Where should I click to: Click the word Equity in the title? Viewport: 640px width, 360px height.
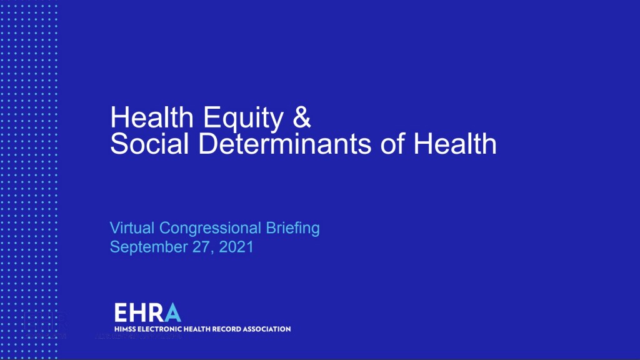pos(243,118)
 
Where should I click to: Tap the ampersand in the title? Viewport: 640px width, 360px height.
pos(302,117)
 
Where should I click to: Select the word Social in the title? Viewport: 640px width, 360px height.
pos(150,144)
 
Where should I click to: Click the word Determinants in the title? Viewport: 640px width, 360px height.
pos(285,144)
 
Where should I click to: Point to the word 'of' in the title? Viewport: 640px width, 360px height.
pos(392,144)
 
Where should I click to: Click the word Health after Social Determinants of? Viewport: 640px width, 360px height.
pos(455,144)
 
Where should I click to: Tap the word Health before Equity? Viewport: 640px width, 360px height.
pos(152,117)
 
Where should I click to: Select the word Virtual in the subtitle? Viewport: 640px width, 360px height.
pos(132,227)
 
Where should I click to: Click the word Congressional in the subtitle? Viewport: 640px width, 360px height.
pos(210,229)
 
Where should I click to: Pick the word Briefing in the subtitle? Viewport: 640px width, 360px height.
pos(292,229)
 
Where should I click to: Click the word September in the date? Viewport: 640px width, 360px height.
pos(149,247)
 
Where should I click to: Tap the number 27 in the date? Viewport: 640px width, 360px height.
pos(202,247)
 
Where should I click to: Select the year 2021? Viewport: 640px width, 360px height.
pos(236,246)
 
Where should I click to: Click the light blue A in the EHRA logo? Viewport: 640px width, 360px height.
pos(172,312)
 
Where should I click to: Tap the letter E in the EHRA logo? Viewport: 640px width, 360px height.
pos(121,312)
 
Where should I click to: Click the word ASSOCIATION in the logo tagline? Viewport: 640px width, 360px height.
pos(266,329)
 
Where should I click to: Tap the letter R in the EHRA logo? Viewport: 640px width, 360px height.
pos(157,312)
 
